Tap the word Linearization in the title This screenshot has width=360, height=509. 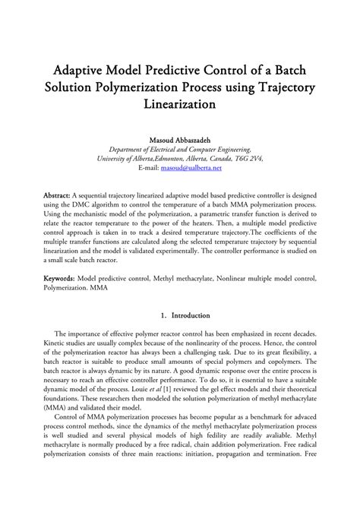pyautogui.click(x=180, y=101)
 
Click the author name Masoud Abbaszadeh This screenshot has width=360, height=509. pyautogui.click(x=180, y=140)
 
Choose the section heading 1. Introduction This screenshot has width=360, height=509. pyautogui.click(x=180, y=315)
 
